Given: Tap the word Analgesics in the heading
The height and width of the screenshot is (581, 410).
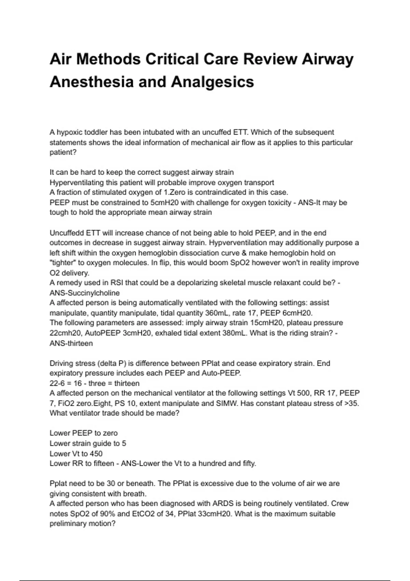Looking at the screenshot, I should [x=212, y=82].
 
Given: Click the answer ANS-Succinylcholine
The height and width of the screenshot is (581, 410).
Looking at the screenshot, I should [x=85, y=293].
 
